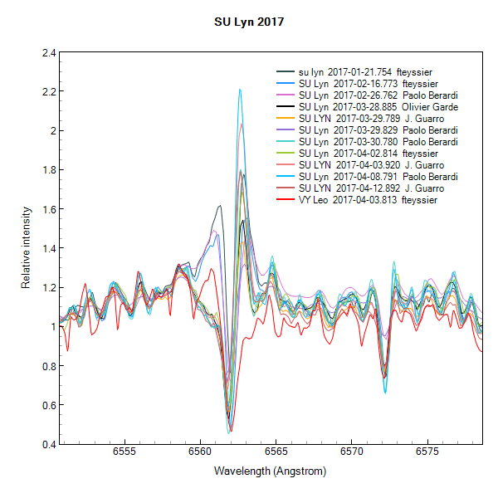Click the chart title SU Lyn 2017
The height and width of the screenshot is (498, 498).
(x=249, y=22)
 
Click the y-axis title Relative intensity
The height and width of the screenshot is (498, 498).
(x=26, y=248)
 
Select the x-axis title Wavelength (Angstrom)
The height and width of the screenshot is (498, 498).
(x=270, y=471)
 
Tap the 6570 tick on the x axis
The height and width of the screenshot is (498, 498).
(x=351, y=453)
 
